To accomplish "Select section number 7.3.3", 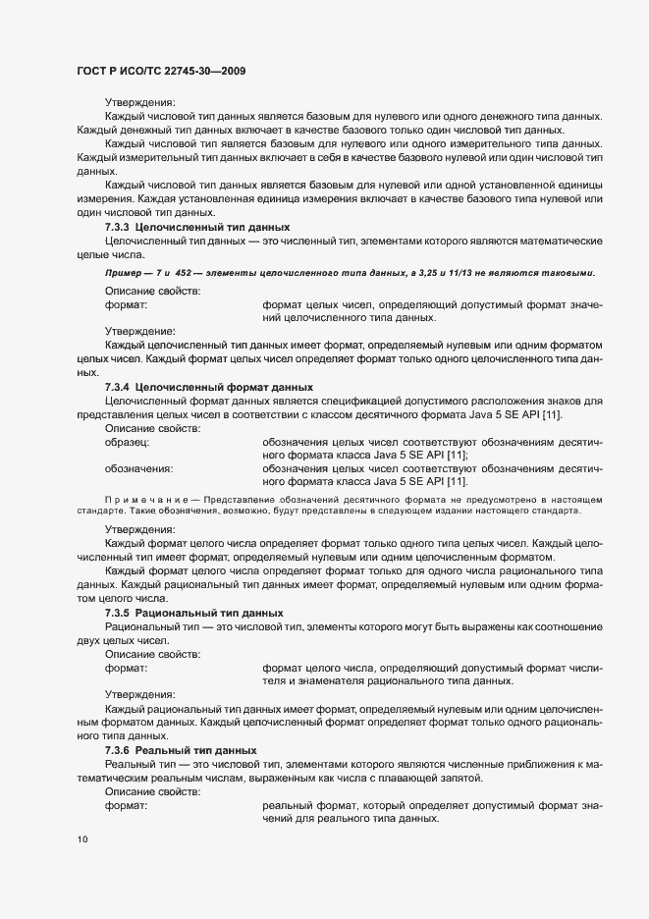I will coord(118,227).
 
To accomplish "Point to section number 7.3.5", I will coord(118,612).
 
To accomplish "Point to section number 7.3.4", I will coord(118,387).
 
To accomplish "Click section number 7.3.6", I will coord(118,750).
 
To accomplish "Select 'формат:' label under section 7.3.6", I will coord(126,805).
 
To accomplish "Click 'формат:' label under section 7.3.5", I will coord(126,668).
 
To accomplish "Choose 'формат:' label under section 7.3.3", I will coord(126,305).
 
